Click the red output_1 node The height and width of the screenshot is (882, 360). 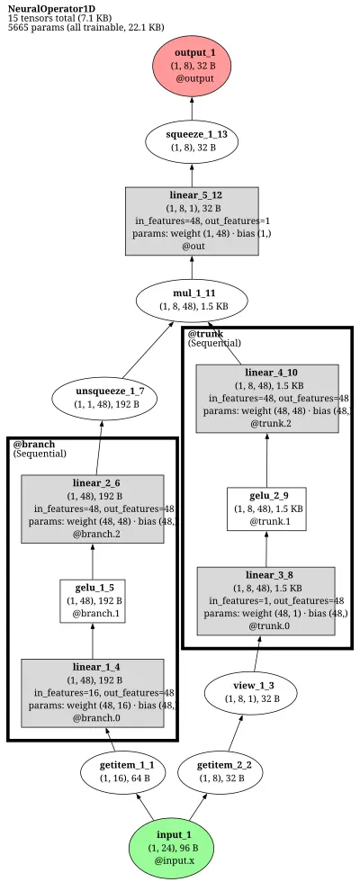pos(192,65)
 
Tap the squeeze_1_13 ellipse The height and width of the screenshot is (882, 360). pos(192,140)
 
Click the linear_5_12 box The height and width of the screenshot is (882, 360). pos(192,221)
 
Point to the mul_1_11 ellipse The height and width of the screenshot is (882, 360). pos(192,299)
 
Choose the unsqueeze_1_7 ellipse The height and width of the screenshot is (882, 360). pos(104,398)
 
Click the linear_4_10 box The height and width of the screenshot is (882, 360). pos(267,399)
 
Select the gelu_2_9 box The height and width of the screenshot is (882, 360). pos(267,509)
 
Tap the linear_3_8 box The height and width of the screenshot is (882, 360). pos(266,601)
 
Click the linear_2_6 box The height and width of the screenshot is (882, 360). pos(92,509)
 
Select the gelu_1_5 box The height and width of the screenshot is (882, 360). pos(92,601)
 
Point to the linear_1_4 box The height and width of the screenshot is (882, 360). pos(92,694)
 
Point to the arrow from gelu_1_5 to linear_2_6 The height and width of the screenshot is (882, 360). pos(92,562)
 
